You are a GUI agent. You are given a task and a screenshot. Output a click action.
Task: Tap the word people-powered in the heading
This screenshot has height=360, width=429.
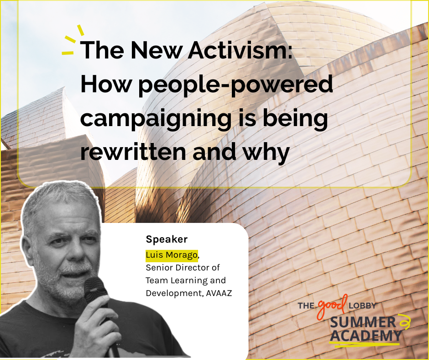(x=235, y=85)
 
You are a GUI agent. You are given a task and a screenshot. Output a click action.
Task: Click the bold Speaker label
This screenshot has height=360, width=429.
(x=167, y=239)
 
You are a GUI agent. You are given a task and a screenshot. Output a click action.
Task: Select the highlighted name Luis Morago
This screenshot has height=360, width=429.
(x=172, y=255)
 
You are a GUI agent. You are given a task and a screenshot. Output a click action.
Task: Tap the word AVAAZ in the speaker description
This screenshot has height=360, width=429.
(x=219, y=293)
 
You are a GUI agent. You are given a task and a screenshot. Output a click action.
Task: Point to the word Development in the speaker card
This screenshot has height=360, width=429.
(x=174, y=293)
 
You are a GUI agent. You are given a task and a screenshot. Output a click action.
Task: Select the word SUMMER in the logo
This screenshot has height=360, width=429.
(x=363, y=322)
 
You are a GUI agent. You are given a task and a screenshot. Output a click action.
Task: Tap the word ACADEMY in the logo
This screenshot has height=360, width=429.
(x=366, y=336)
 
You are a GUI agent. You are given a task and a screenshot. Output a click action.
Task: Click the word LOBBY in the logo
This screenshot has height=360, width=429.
(x=362, y=306)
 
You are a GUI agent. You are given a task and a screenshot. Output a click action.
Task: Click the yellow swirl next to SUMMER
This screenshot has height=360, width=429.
(x=404, y=322)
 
